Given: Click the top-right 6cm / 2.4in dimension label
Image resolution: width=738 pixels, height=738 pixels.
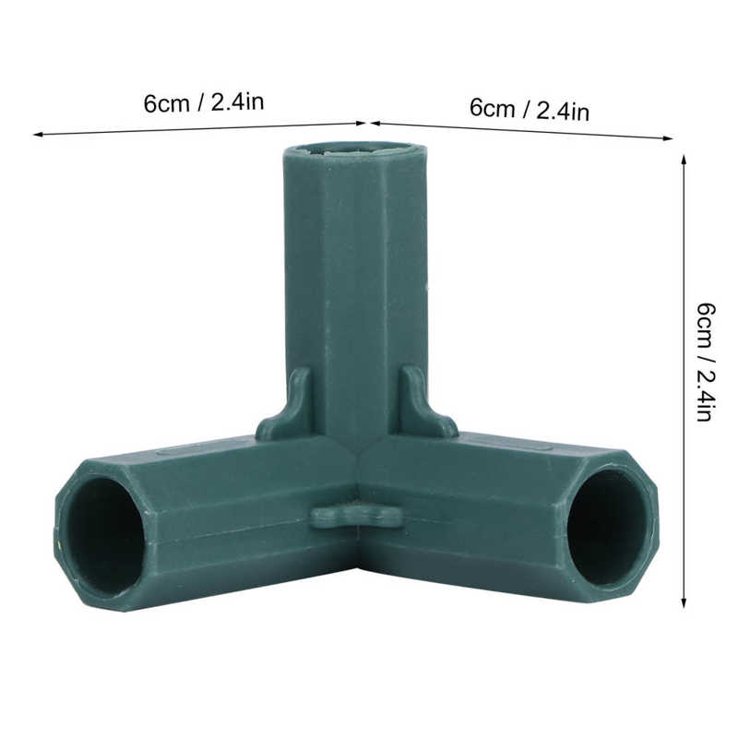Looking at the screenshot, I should pos(530,110).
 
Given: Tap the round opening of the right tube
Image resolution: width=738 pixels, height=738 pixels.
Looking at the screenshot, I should pos(605,527).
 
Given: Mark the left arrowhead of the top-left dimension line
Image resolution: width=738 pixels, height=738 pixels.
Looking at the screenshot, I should pos(37,135).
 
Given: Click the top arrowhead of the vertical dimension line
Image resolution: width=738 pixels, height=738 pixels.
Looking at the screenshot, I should pos(684,159).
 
